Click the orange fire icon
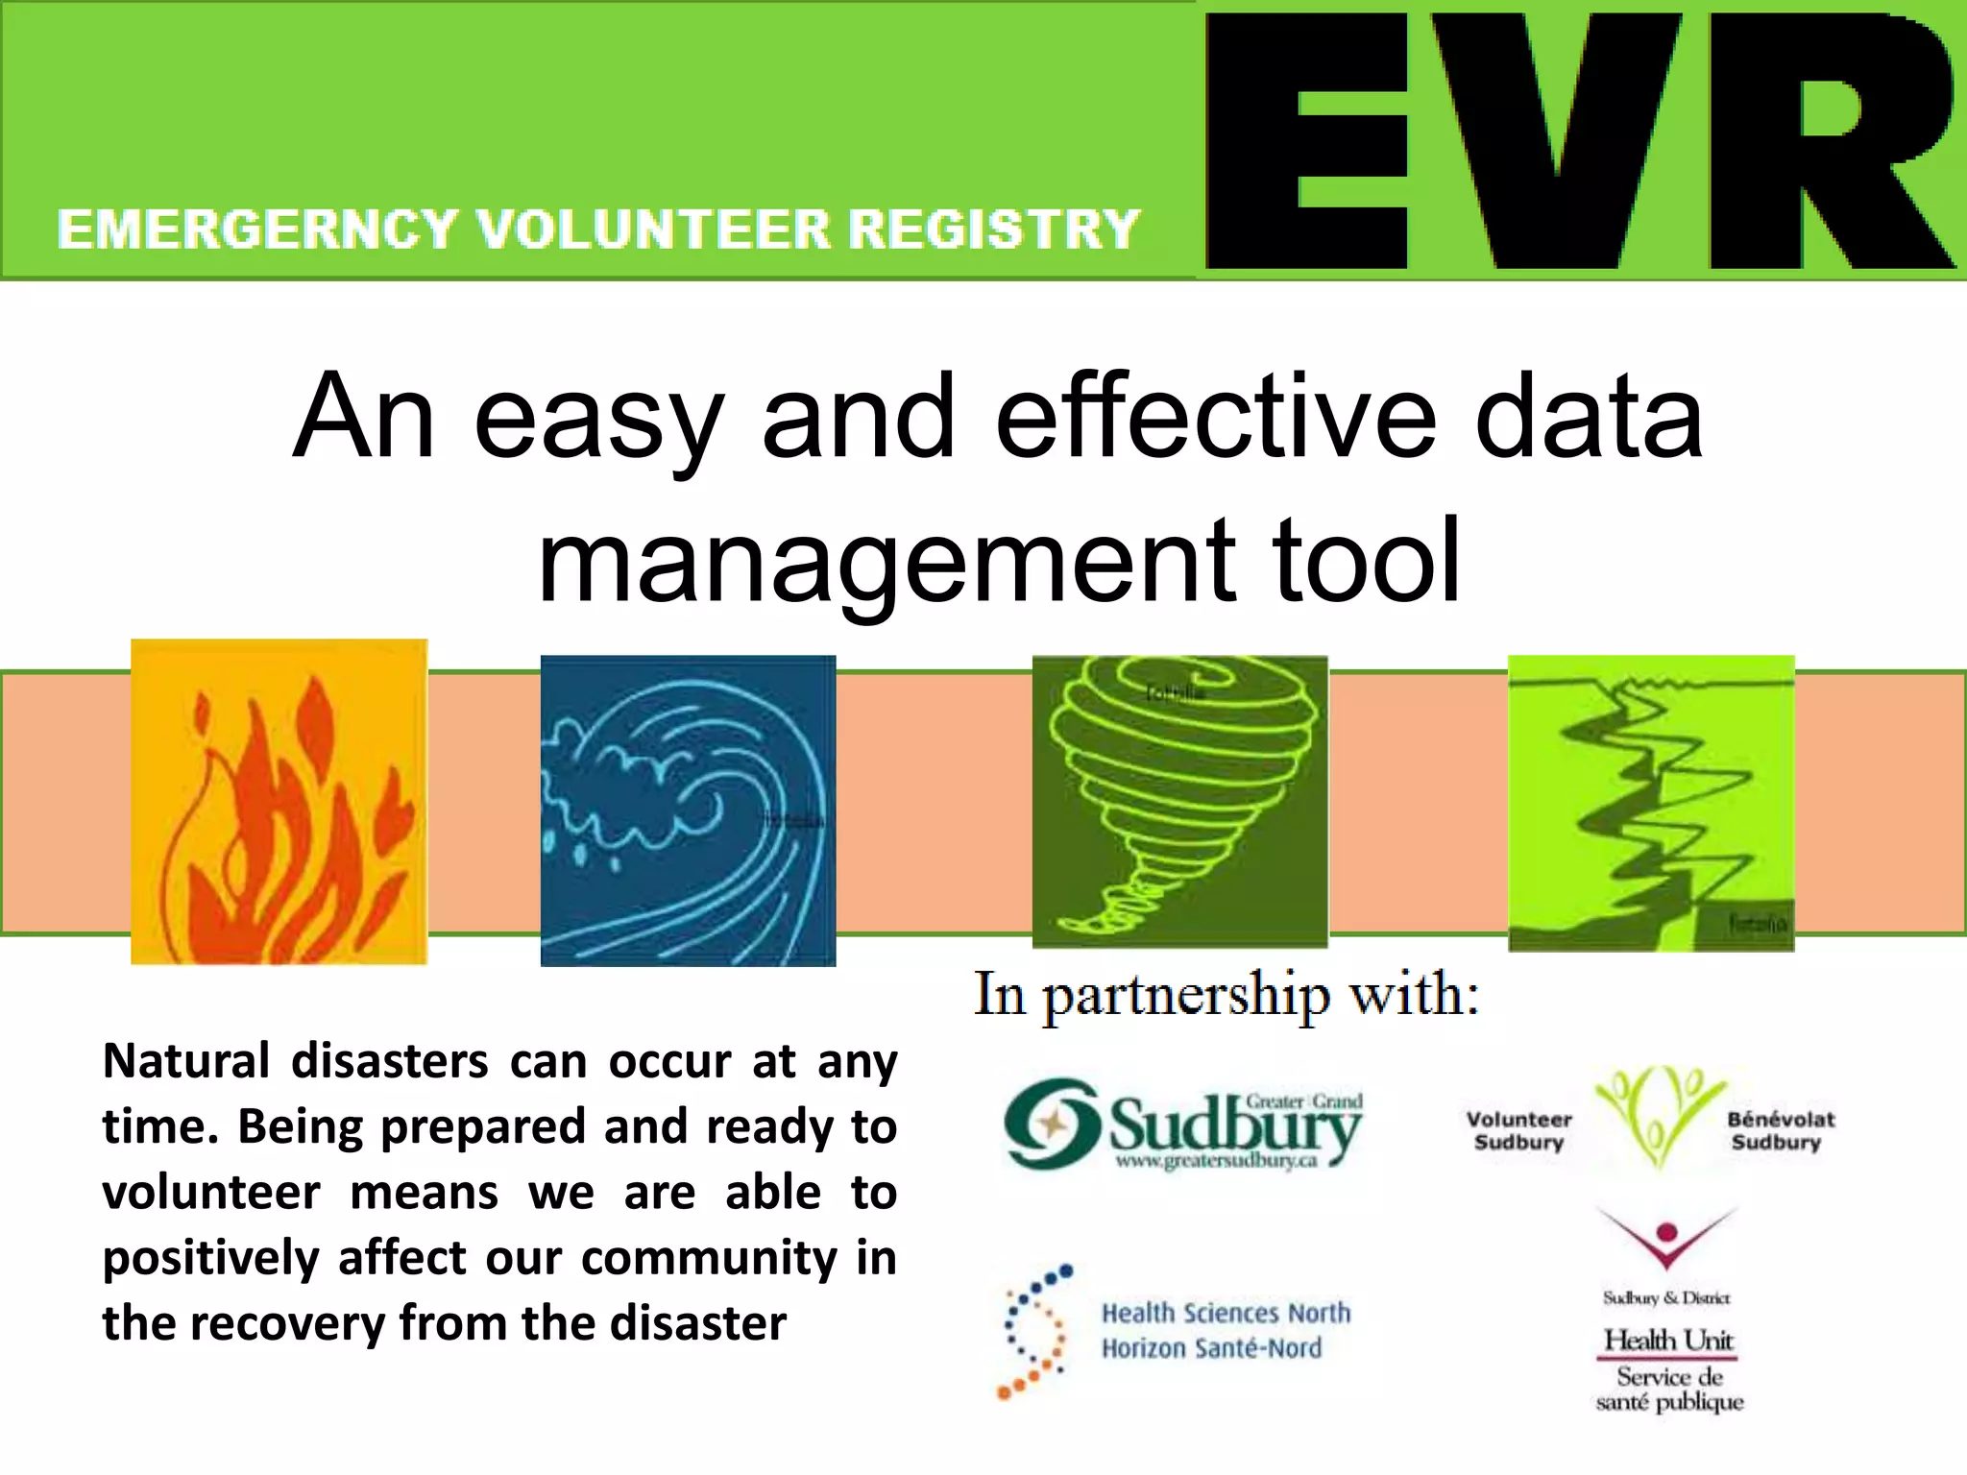click(279, 802)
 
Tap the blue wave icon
click(688, 810)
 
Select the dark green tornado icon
click(1179, 802)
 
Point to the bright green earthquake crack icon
click(1651, 803)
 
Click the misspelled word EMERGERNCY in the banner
click(256, 230)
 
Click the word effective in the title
click(1216, 418)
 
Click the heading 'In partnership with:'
click(1226, 995)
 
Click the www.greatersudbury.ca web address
click(1216, 1161)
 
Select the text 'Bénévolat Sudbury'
click(1780, 1130)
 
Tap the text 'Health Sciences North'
click(1226, 1313)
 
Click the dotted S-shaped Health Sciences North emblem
click(1034, 1331)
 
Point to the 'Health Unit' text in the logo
click(1668, 1340)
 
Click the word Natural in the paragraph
click(186, 1062)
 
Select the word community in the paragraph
click(709, 1258)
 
